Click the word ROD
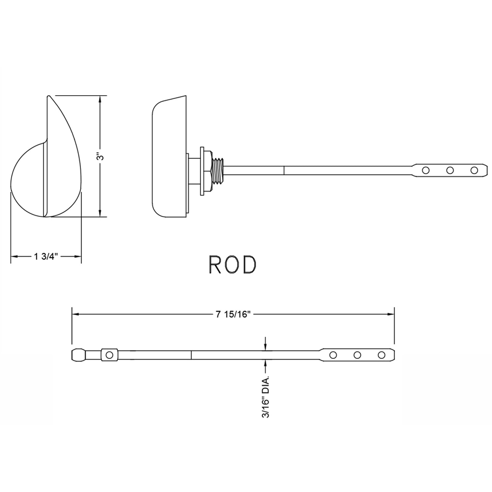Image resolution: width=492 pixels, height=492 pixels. [x=232, y=265]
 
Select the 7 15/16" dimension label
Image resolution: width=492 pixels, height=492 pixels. [x=233, y=315]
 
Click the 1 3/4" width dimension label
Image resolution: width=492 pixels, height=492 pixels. [x=45, y=257]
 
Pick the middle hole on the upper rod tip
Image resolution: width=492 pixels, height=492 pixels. [x=450, y=169]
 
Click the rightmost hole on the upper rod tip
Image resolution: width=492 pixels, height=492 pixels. [x=474, y=169]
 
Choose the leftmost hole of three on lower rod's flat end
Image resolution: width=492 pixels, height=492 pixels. [x=333, y=355]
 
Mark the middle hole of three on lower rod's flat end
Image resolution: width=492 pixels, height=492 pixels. [x=357, y=355]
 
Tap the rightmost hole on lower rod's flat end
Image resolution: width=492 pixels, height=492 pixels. [x=382, y=355]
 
